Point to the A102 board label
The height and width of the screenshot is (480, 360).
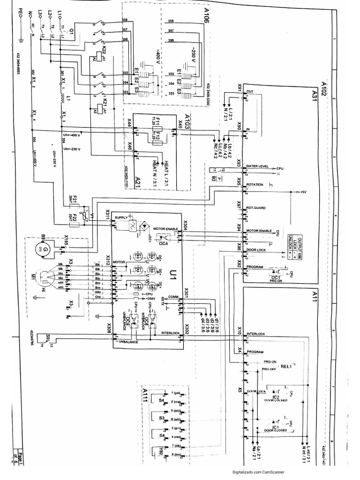323,88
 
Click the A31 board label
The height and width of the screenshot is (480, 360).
315,97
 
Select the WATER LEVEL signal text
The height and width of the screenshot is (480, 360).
257,166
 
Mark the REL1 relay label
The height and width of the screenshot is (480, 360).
286,367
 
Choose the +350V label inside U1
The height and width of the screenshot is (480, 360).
150,299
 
